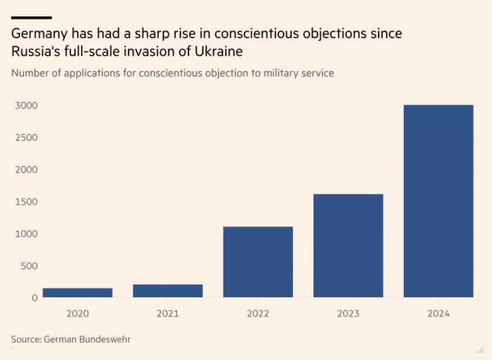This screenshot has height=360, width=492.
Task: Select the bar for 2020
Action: click(77, 292)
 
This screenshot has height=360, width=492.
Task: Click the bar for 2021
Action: click(168, 291)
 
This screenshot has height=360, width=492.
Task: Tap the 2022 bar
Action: click(258, 262)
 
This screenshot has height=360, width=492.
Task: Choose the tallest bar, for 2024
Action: click(439, 201)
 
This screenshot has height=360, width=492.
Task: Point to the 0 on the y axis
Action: click(34, 298)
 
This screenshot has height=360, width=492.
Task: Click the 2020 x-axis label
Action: click(77, 314)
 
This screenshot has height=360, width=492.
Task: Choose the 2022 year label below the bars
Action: click(258, 314)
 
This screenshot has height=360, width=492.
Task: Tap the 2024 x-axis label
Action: click(439, 314)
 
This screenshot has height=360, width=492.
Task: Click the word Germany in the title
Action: click(39, 34)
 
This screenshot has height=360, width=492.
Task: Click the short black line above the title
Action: click(31, 18)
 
